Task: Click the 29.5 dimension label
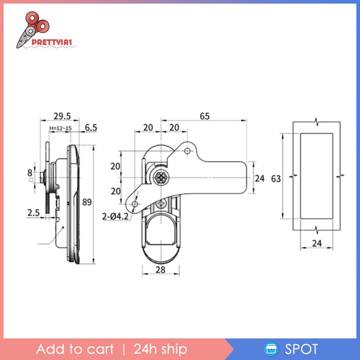point(62,116)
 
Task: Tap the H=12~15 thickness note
point(60,129)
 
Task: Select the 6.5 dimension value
point(91,127)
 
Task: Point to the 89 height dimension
point(87,202)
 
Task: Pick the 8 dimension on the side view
point(30,171)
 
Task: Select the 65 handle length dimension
point(205,116)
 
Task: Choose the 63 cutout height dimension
point(276,179)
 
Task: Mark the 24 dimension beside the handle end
point(260,178)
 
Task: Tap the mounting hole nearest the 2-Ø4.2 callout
point(135,205)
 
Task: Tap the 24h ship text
point(160,349)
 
